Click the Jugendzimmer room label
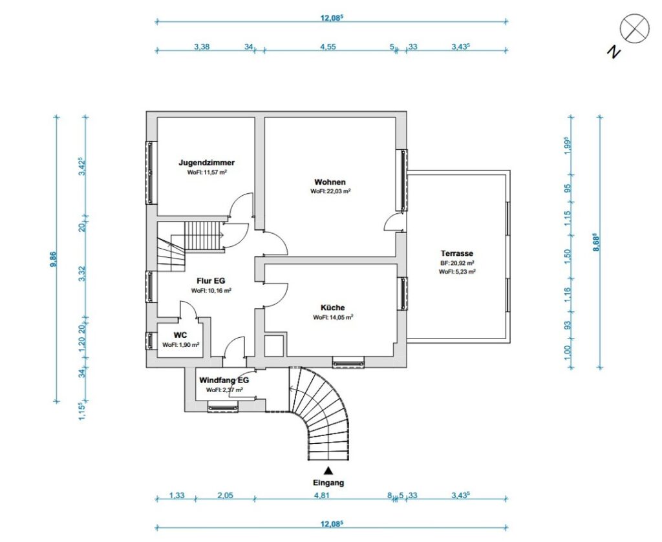click(206, 162)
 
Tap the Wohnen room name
click(330, 182)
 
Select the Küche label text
click(332, 308)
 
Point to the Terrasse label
click(457, 253)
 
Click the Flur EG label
click(211, 280)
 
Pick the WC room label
click(180, 335)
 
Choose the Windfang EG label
click(224, 380)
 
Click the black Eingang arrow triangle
click(328, 470)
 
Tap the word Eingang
click(328, 483)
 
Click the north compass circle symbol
click(634, 28)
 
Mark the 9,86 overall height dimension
click(54, 259)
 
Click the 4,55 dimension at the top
click(328, 47)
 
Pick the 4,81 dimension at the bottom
click(321, 495)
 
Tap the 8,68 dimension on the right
click(597, 242)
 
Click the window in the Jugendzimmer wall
click(150, 173)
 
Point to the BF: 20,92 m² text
click(457, 263)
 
